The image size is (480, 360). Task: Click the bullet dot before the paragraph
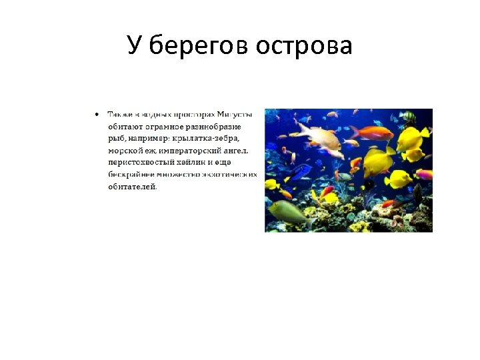click(x=97, y=114)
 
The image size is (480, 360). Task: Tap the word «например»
click(x=145, y=138)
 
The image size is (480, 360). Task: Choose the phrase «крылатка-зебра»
click(x=207, y=138)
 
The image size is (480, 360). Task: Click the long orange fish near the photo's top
click(x=371, y=133)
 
